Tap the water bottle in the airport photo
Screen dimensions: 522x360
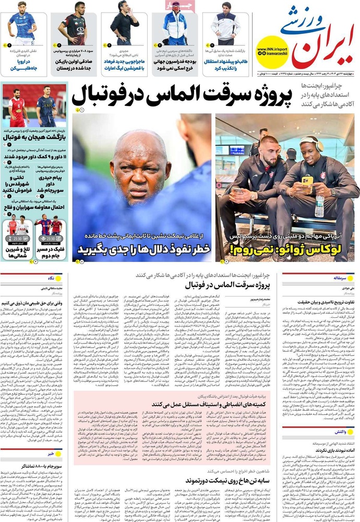319,206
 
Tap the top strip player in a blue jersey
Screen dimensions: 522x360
22,26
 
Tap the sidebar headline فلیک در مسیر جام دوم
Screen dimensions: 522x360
48,252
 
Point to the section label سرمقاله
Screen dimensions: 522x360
344,278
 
